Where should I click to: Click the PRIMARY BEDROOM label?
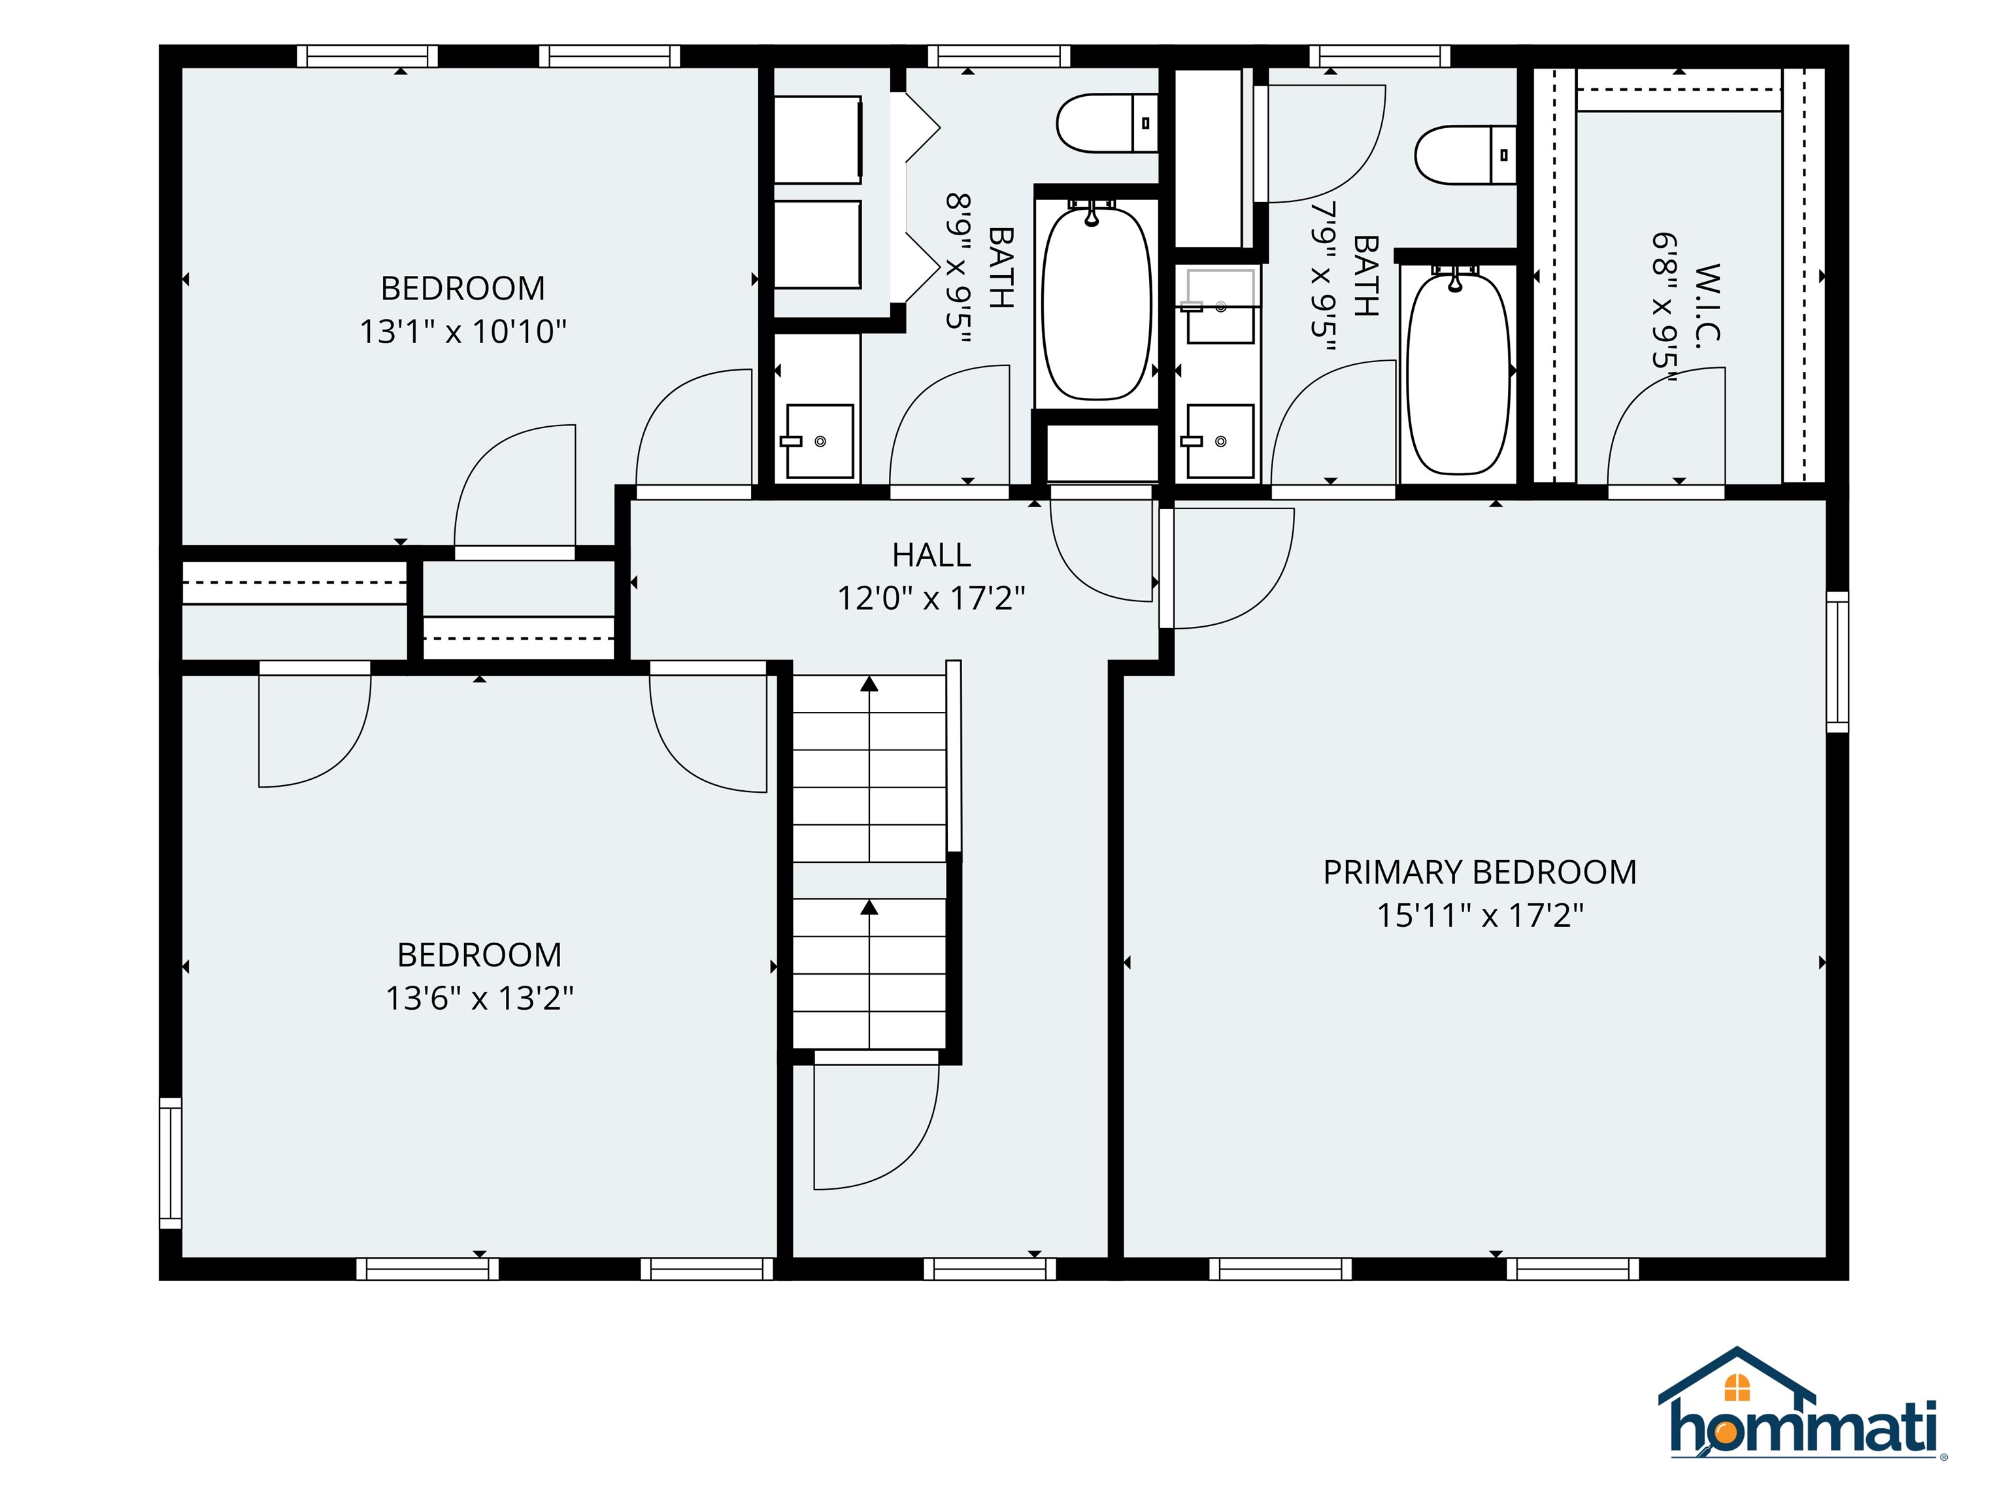click(1480, 873)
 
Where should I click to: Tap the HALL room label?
click(931, 555)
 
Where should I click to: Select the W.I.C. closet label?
click(1707, 301)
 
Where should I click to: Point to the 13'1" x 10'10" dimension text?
click(463, 331)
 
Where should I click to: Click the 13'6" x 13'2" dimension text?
click(479, 999)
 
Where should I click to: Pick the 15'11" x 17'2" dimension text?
click(1480, 915)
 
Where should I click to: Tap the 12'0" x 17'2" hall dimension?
click(931, 598)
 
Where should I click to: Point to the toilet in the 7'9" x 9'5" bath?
click(1465, 154)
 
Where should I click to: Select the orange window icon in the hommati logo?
click(1737, 1387)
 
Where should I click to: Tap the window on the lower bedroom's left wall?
click(171, 1163)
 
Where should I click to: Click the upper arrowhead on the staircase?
click(869, 684)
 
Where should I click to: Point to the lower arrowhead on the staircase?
click(869, 907)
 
